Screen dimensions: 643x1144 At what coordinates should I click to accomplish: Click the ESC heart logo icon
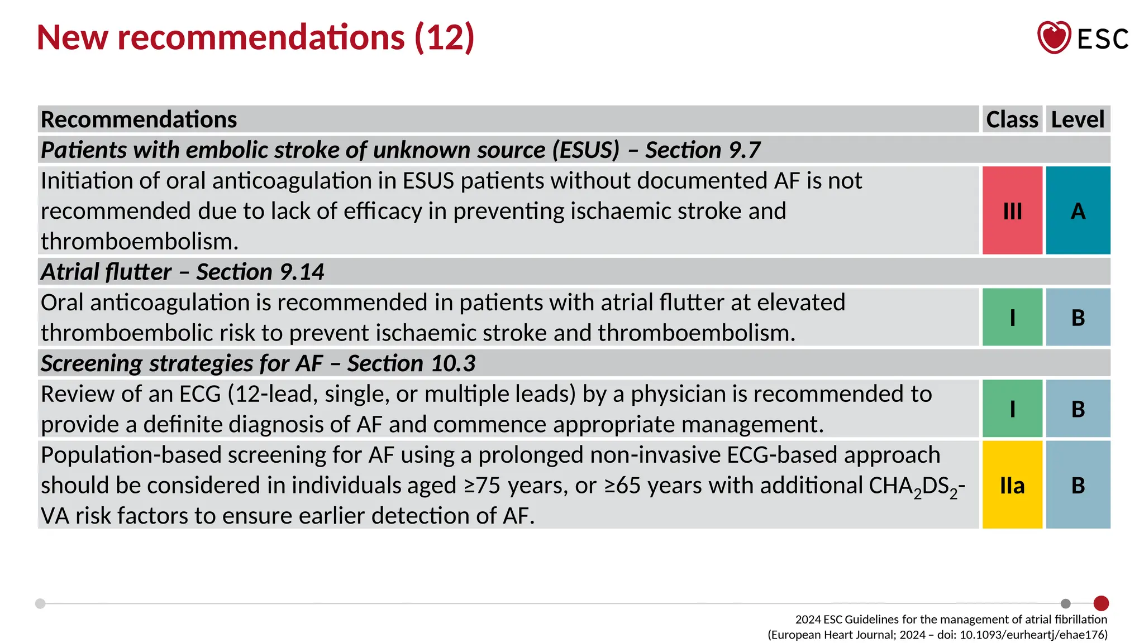[x=1054, y=37]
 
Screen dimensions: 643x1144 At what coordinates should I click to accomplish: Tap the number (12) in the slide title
[x=444, y=37]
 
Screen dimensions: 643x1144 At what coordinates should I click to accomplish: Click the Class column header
[x=1012, y=119]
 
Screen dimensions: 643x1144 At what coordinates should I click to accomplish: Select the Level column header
[x=1078, y=119]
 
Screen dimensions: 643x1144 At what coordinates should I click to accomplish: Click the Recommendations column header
[x=139, y=119]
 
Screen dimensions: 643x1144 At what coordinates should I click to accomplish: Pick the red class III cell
[x=1012, y=210]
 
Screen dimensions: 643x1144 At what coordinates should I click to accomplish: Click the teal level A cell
[x=1078, y=210]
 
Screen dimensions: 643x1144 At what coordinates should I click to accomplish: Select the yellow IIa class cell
[x=1012, y=484]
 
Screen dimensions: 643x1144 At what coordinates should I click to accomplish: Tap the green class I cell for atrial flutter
[x=1012, y=317]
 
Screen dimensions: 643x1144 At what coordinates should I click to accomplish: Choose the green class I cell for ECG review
[x=1012, y=409]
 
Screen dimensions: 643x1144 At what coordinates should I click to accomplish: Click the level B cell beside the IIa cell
[x=1078, y=484]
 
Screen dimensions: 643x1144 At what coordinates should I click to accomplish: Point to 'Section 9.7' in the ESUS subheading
[x=703, y=150]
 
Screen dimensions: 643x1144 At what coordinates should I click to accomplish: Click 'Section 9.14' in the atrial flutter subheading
[x=260, y=272]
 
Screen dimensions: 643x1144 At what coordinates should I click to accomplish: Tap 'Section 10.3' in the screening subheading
[x=411, y=363]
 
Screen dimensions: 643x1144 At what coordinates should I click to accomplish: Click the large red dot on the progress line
[x=1101, y=603]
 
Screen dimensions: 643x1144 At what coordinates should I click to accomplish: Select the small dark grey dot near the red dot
[x=1065, y=603]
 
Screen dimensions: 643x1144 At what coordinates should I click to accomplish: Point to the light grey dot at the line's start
[x=40, y=603]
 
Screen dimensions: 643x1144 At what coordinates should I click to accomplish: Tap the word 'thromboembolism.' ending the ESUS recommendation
[x=140, y=242]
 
